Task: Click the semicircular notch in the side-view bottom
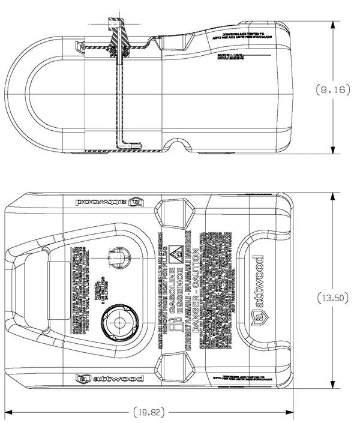pyautogui.click(x=178, y=146)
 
